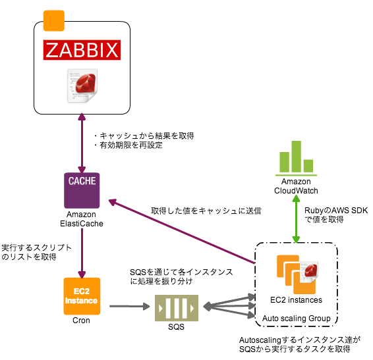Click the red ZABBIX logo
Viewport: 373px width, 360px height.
tap(82, 50)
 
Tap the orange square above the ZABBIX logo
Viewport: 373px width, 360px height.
tap(54, 21)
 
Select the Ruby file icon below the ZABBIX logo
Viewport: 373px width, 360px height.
tap(82, 86)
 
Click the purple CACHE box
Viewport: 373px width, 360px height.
tap(82, 190)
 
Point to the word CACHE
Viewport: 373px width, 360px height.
tap(82, 181)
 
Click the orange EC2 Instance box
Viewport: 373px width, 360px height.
tap(82, 296)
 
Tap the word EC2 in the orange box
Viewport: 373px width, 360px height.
tap(82, 291)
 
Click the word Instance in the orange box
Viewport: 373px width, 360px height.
tap(82, 301)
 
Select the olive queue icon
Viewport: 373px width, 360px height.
tap(177, 308)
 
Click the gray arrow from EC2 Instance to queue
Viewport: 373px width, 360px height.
tap(129, 306)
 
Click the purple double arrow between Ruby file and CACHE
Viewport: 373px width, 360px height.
tap(82, 141)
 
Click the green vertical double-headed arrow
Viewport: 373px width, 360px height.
tap(296, 219)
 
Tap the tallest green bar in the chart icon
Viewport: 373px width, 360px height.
tap(296, 157)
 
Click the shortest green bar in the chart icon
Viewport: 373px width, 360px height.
tap(308, 166)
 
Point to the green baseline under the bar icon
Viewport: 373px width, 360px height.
tap(296, 176)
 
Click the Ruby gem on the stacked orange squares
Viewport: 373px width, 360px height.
tap(309, 270)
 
